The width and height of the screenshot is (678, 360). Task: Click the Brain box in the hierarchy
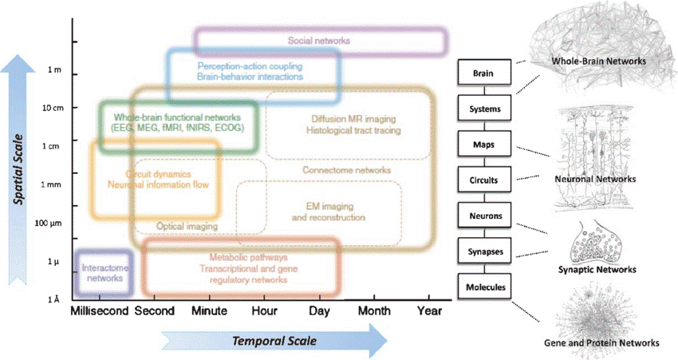(x=483, y=74)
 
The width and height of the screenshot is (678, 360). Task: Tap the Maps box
(x=483, y=144)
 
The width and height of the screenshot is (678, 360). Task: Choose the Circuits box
(x=483, y=180)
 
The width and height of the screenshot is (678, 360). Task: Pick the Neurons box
(x=483, y=215)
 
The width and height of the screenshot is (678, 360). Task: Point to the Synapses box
(x=483, y=251)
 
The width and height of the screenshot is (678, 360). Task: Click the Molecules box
(x=483, y=285)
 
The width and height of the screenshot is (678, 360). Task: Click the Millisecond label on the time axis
(x=100, y=311)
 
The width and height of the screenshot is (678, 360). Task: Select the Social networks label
(x=318, y=40)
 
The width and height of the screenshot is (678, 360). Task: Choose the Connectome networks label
(x=346, y=170)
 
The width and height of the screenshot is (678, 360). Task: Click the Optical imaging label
(x=186, y=226)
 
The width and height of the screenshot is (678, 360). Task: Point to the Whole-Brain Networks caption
(x=597, y=61)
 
